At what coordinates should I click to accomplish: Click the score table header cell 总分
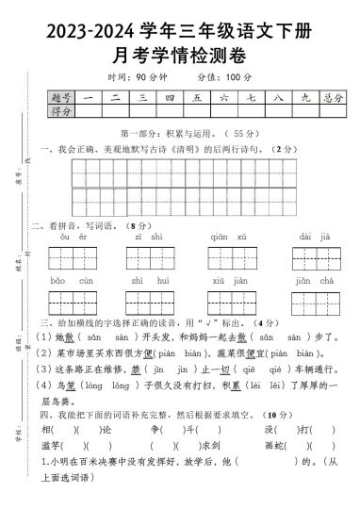331,96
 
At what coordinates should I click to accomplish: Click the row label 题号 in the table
61,96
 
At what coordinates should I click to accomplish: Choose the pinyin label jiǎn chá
312,281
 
